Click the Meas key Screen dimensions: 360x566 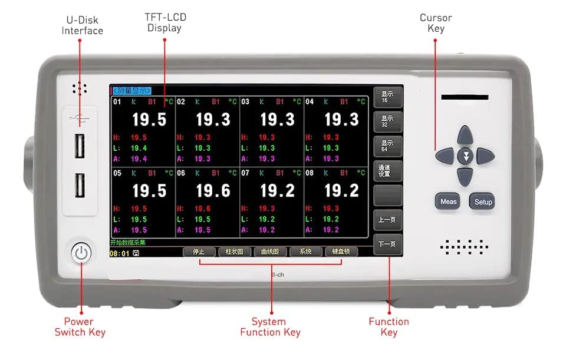pyautogui.click(x=448, y=202)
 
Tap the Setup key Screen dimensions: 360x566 pyautogui.click(x=483, y=202)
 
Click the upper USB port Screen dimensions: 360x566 pyautogui.click(x=80, y=147)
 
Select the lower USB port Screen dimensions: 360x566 pyautogui.click(x=80, y=187)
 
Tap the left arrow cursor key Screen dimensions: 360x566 pyautogui.click(x=445, y=156)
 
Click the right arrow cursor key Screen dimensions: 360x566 pyautogui.click(x=485, y=156)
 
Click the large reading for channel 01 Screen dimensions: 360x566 pyautogui.click(x=149, y=120)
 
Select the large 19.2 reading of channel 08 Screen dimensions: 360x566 pyautogui.click(x=341, y=190)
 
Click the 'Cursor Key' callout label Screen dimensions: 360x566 pyautogui.click(x=436, y=23)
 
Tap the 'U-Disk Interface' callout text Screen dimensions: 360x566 pyautogui.click(x=82, y=25)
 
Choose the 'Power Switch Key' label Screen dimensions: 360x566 pyautogui.click(x=80, y=327)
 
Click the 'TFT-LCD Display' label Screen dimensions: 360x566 pyautogui.click(x=164, y=23)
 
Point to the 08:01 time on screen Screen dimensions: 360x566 pyautogui.click(x=120, y=253)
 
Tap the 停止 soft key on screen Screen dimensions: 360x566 pyautogui.click(x=199, y=252)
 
